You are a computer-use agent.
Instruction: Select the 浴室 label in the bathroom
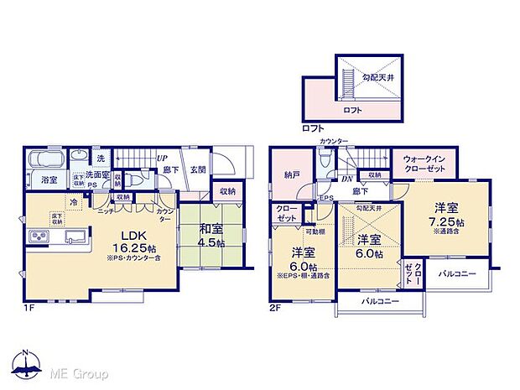(x=48, y=180)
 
